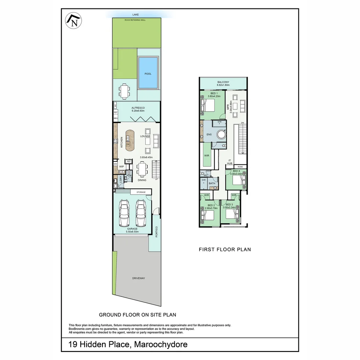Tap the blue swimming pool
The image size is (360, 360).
coord(148,73)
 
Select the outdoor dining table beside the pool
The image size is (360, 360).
coord(124,91)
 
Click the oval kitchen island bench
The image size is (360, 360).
coord(129,139)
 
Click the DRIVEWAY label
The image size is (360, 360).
coord(138,278)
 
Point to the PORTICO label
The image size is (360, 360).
coord(156,232)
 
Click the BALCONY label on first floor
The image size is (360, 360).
coord(223,82)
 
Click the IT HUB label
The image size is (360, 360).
coord(229,162)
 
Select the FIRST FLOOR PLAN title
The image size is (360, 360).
coord(225,249)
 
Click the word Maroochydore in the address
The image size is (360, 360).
coord(161,344)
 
